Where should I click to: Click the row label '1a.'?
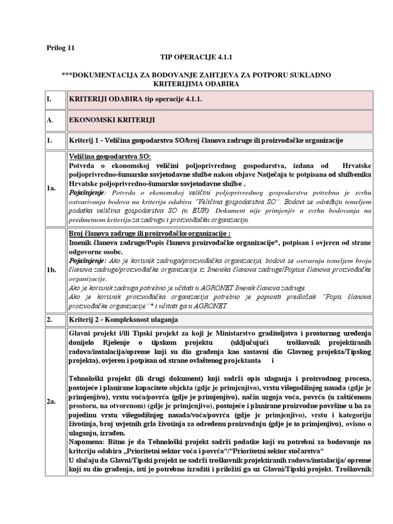[51, 188]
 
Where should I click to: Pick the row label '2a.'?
[51, 403]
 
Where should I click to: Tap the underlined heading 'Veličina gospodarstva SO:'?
[110, 156]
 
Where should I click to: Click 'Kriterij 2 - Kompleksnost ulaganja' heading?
[123, 320]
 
